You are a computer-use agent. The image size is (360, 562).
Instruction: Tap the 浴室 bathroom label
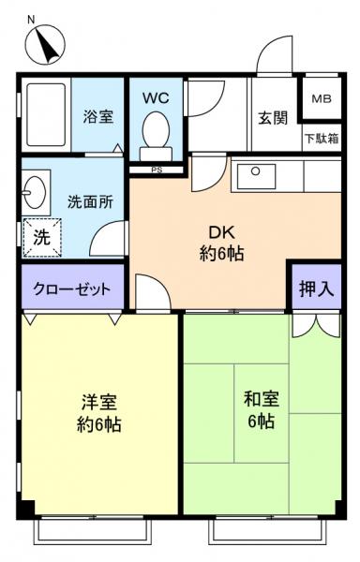pyautogui.click(x=98, y=117)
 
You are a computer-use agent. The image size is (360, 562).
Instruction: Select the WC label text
pyautogui.click(x=155, y=98)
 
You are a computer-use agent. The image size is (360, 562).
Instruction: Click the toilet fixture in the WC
pyautogui.click(x=155, y=136)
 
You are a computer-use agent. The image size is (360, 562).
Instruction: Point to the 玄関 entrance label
pyautogui.click(x=272, y=119)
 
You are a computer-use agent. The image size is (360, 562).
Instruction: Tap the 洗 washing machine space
pyautogui.click(x=41, y=237)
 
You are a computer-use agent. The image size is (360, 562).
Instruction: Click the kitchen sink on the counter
pyautogui.click(x=254, y=173)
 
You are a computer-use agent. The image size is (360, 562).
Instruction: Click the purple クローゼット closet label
pyautogui.click(x=72, y=288)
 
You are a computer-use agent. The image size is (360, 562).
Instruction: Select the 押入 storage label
pyautogui.click(x=315, y=288)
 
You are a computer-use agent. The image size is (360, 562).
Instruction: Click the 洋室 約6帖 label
pyautogui.click(x=98, y=412)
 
